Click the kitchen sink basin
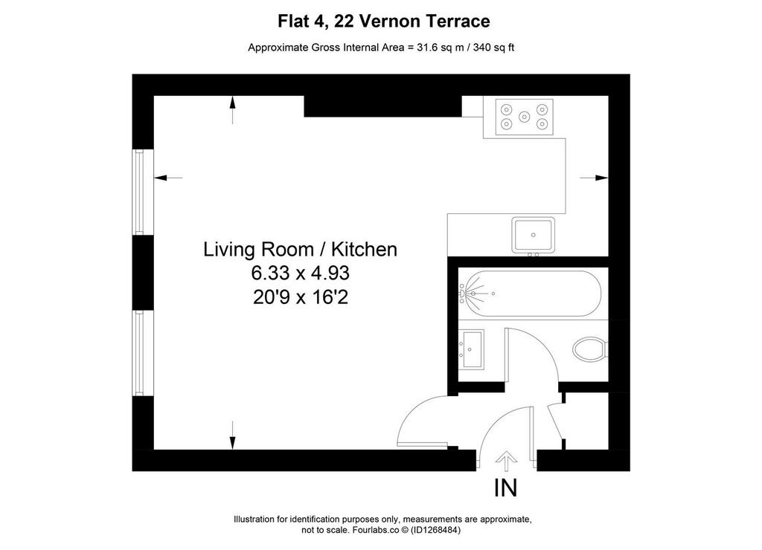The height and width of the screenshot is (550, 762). [533, 235]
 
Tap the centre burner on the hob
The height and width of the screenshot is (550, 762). [524, 117]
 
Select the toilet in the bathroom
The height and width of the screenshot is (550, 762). [590, 349]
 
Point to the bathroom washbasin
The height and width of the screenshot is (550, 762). [472, 349]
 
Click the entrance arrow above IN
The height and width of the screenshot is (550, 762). [506, 461]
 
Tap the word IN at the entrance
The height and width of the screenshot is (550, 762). [505, 488]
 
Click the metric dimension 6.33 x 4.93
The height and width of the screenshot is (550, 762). [301, 274]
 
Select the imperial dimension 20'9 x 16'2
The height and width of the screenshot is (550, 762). [301, 297]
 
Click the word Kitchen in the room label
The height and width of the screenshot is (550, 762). [364, 250]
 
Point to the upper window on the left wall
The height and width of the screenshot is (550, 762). [140, 192]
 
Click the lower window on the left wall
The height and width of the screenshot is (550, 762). [140, 353]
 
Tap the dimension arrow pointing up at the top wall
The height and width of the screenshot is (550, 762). [232, 110]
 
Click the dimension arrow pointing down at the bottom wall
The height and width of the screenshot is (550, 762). [232, 436]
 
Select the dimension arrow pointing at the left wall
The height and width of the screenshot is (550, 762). [168, 178]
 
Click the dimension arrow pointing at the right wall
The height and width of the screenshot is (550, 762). [594, 178]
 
